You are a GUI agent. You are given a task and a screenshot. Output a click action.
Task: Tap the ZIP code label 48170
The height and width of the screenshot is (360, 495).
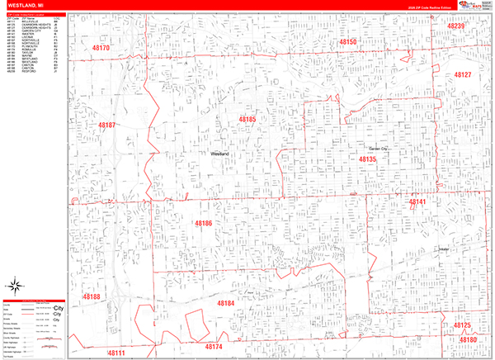point(101,49)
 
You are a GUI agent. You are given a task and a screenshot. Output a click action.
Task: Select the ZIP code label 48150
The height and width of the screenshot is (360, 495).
point(347,41)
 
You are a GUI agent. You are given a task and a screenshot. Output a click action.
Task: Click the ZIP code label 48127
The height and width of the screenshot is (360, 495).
point(462,75)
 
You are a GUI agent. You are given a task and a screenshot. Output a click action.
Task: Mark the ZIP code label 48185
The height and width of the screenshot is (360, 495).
point(247,120)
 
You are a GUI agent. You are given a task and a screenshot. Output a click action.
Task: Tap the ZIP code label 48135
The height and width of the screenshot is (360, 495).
point(367,159)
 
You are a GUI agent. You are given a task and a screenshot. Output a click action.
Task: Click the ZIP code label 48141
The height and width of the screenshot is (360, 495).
point(417,201)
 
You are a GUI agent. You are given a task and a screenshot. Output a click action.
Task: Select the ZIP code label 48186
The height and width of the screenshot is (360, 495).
point(204,224)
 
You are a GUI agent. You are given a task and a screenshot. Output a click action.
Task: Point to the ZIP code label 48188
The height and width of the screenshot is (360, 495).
point(91,296)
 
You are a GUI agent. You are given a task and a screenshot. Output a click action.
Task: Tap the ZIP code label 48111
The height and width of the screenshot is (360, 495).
point(116,353)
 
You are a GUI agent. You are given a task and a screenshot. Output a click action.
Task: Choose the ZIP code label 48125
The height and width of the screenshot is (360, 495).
point(462,325)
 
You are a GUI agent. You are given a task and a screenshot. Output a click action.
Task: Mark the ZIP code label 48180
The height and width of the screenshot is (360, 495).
point(468,340)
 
